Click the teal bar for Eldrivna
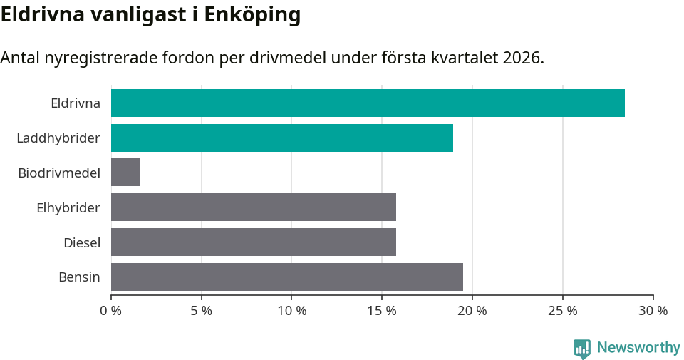coord(368,103)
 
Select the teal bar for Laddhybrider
coord(282,138)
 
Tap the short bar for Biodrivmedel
coord(125,173)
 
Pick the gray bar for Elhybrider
coord(254,207)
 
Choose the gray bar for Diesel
coord(254,242)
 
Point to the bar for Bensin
coord(287,277)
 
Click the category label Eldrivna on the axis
coord(76,103)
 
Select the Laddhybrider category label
coord(58,138)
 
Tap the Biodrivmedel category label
coord(59,173)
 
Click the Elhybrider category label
coord(68,207)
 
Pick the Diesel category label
coord(82,242)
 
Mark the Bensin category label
coord(79,277)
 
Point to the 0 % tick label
coord(111,311)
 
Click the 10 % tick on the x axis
coord(291,311)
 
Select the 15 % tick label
coord(382,311)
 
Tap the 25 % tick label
coord(563,311)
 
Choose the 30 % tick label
coord(653,311)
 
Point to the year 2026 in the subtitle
coord(521,58)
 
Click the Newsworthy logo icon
coord(582,348)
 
